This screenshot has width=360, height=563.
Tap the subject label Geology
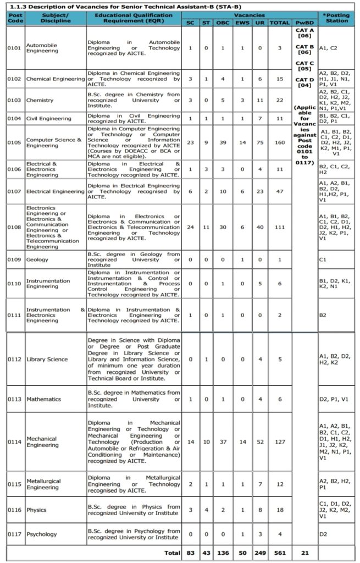(37, 260)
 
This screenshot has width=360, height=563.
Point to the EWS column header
(242, 23)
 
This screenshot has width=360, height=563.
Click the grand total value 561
(280, 553)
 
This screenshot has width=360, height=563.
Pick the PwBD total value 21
(304, 553)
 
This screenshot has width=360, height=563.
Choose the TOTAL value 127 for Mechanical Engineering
(280, 441)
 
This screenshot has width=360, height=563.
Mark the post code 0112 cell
(14, 359)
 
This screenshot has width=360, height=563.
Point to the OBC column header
(223, 23)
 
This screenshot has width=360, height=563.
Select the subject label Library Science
(47, 359)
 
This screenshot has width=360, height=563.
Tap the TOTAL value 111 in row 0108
(280, 227)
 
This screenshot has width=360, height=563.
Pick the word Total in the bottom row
(173, 553)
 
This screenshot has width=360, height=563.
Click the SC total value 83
(190, 553)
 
